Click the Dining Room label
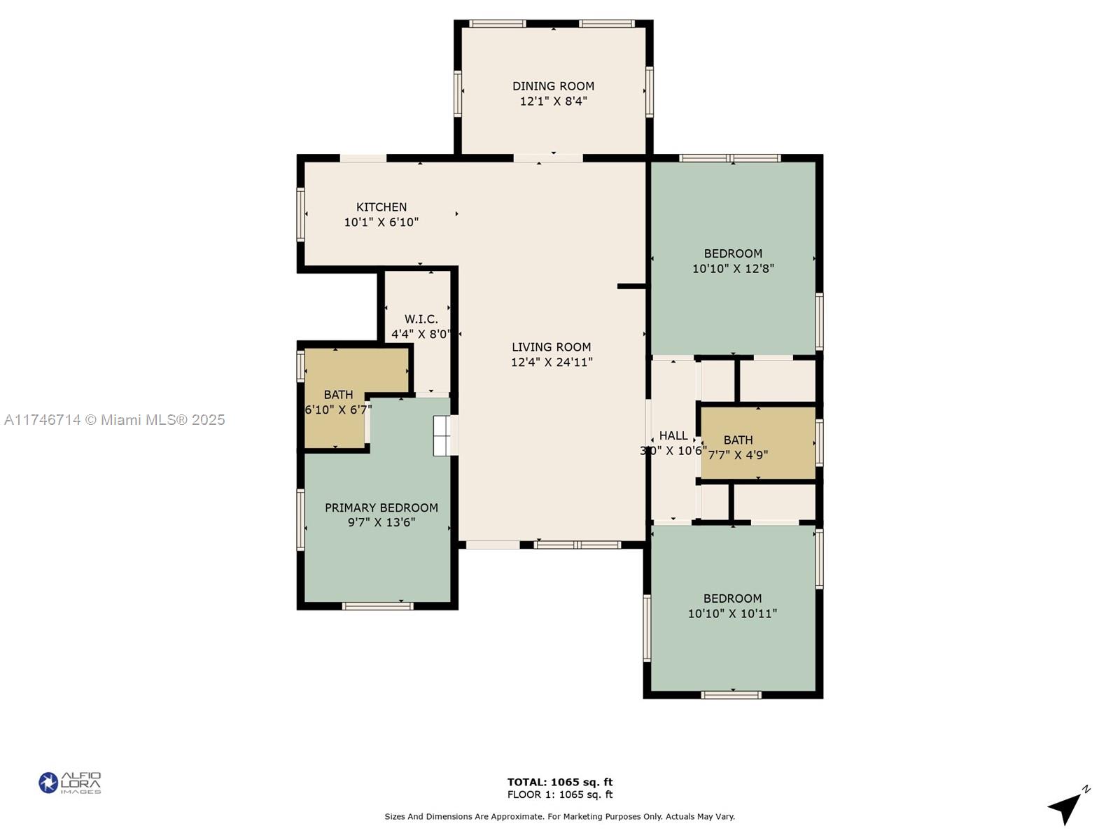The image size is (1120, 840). [553, 86]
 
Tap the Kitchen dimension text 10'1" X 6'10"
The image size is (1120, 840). [381, 223]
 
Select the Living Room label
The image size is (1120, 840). [551, 347]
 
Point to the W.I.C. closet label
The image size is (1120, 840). [421, 319]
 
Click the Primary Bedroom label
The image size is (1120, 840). [381, 508]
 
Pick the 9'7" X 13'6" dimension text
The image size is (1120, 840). [381, 522]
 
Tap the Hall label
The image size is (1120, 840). [673, 435]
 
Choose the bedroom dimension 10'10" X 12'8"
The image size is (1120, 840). [733, 269]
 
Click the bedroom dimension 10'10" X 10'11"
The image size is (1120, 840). [732, 614]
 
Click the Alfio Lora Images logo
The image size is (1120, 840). [70, 783]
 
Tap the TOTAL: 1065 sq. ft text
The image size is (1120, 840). [560, 783]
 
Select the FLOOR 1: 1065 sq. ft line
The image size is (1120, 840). [560, 794]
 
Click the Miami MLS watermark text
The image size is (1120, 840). [114, 420]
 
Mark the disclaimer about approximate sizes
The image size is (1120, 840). [560, 816]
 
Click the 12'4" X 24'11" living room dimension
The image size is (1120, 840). [552, 362]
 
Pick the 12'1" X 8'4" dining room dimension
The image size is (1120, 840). [553, 101]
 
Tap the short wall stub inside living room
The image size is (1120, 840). [631, 286]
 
